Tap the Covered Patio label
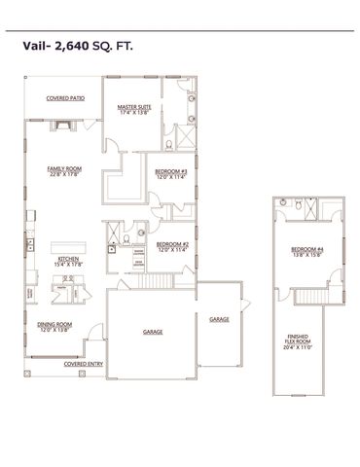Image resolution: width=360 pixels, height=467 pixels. click(65, 98)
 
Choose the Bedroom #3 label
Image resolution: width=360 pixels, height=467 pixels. click(170, 171)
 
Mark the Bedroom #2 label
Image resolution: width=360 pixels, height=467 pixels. click(171, 244)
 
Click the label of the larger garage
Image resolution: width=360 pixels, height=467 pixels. click(153, 332)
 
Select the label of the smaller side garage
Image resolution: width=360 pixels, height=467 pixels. click(218, 318)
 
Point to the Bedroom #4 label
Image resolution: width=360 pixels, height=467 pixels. click(306, 250)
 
